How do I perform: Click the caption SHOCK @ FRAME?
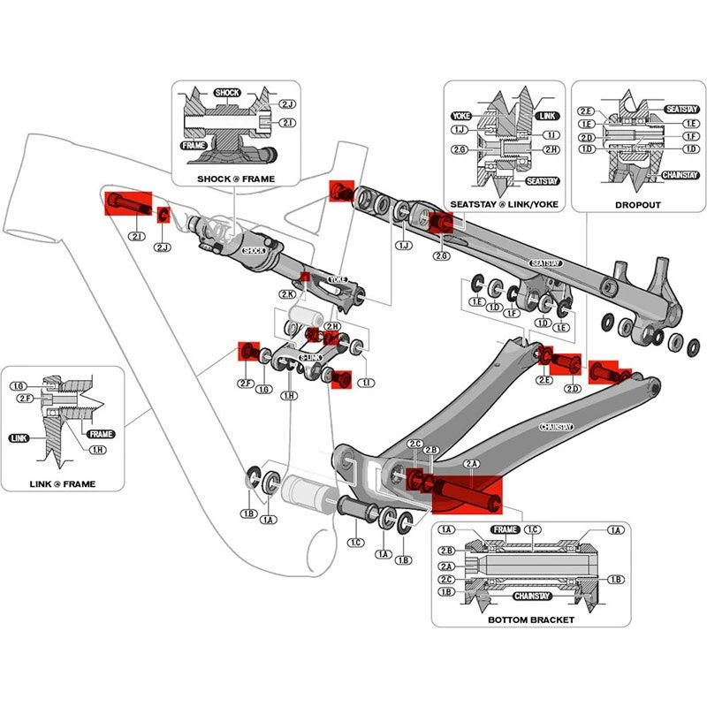point(236,179)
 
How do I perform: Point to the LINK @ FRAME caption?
point(62,483)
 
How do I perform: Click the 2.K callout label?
point(288,293)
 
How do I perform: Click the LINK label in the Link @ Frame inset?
point(19,437)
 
